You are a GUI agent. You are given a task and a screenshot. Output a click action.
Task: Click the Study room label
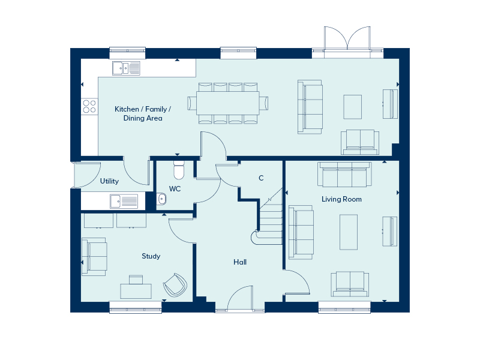pyautogui.click(x=151, y=256)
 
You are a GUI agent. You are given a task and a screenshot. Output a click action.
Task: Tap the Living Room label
pyautogui.click(x=341, y=199)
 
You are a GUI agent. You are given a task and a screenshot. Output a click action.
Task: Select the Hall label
pyautogui.click(x=240, y=262)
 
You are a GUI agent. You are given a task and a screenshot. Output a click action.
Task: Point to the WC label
pyautogui.click(x=175, y=189)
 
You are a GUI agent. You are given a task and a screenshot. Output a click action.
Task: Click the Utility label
pyautogui.click(x=109, y=181)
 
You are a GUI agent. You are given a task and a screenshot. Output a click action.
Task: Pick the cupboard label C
pyautogui.click(x=261, y=178)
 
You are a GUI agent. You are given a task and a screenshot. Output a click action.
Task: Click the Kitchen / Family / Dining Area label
pyautogui.click(x=143, y=113)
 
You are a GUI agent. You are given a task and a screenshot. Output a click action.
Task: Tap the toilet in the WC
pyautogui.click(x=179, y=170)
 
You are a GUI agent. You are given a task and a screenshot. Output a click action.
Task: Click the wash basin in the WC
pyautogui.click(x=161, y=199)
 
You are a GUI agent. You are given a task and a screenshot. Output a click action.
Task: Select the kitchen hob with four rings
pyautogui.click(x=89, y=106)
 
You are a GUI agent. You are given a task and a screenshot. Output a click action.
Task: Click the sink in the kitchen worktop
pyautogui.click(x=126, y=68)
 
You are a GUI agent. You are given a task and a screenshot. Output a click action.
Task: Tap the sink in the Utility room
pyautogui.click(x=124, y=202)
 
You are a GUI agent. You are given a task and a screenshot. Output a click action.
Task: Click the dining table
pyautogui.click(x=228, y=103)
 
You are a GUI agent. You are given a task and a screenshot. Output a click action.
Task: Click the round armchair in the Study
pyautogui.click(x=175, y=285)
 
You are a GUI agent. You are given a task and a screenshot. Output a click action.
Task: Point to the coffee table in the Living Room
pyautogui.click(x=349, y=232)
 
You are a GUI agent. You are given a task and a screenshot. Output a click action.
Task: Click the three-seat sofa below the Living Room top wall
pyautogui.click(x=344, y=175)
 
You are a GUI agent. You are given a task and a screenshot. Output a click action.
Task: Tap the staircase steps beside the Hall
pyautogui.click(x=271, y=220)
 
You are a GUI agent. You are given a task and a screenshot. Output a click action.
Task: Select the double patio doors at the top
pyautogui.click(x=347, y=38)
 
